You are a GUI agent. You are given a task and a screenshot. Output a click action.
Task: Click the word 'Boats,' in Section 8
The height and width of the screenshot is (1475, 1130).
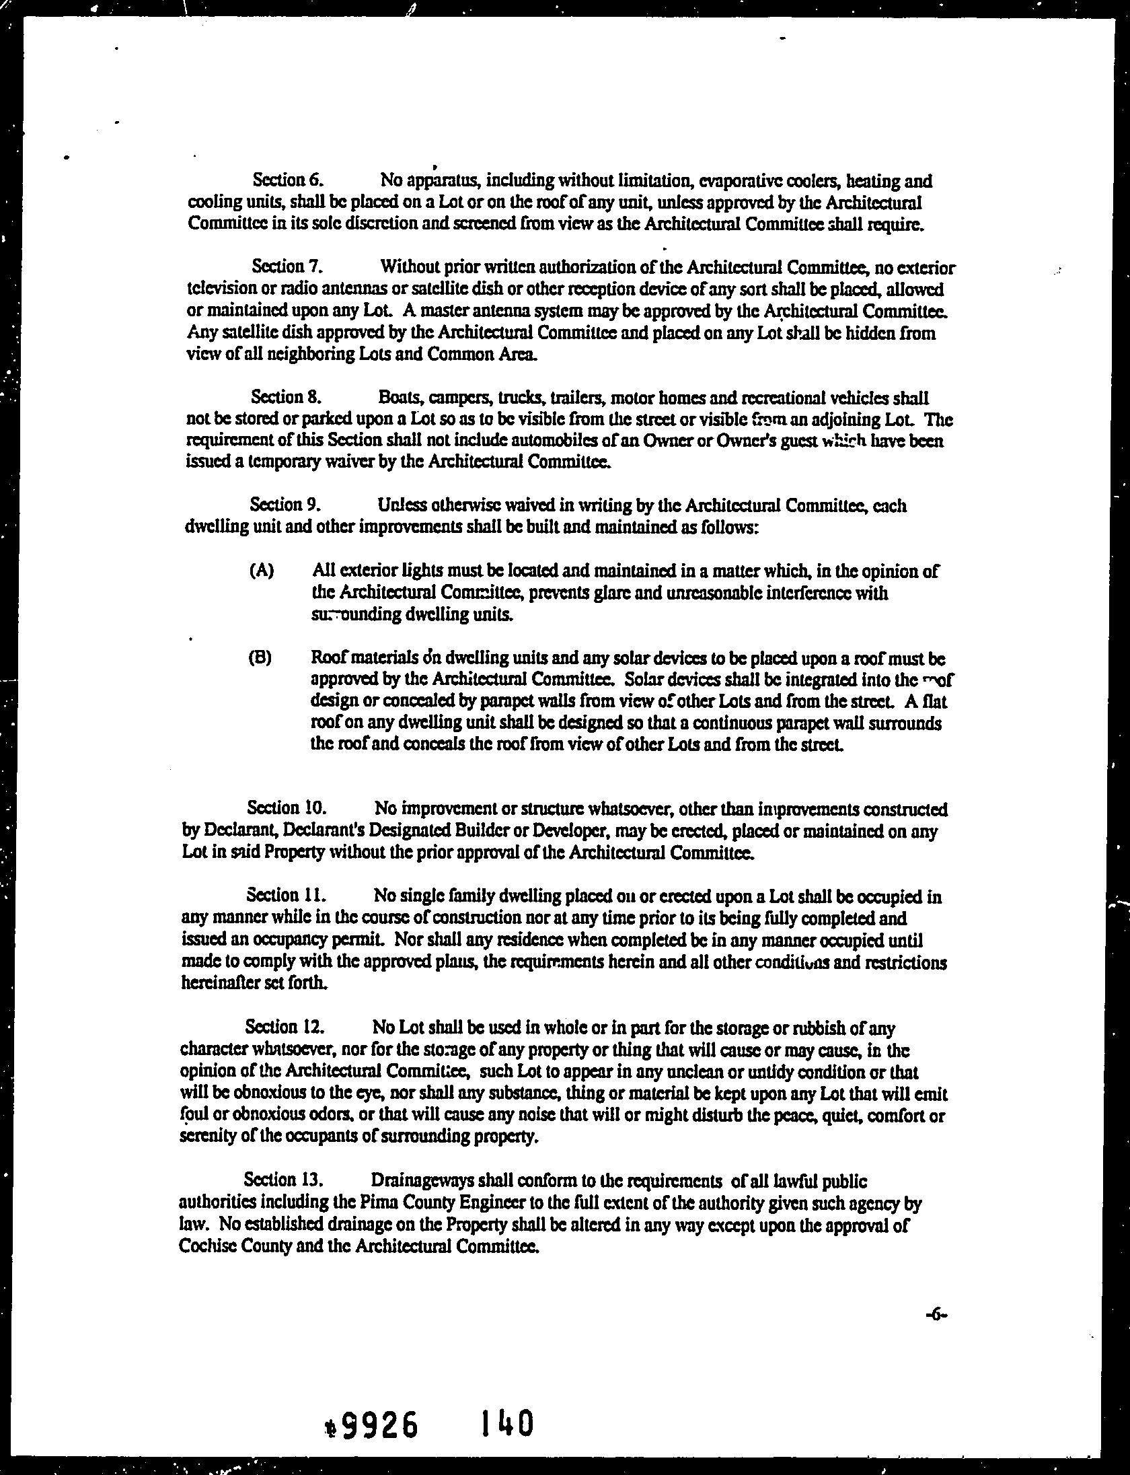(400, 397)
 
